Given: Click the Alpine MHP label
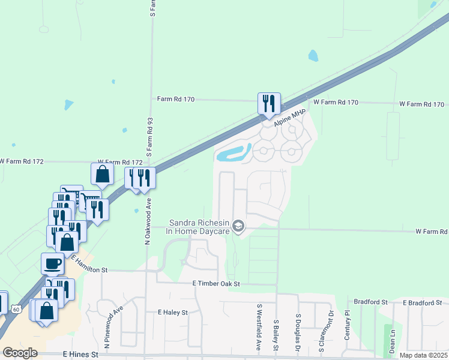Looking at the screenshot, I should tap(291, 118).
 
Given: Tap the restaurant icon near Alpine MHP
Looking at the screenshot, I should tap(268, 103).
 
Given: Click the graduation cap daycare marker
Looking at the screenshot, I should tap(238, 226).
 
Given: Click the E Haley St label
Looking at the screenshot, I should tap(173, 313).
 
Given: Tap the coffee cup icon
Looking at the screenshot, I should tap(53, 263).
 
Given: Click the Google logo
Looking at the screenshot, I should tap(20, 353).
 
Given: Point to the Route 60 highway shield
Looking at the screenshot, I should tap(16, 308).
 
